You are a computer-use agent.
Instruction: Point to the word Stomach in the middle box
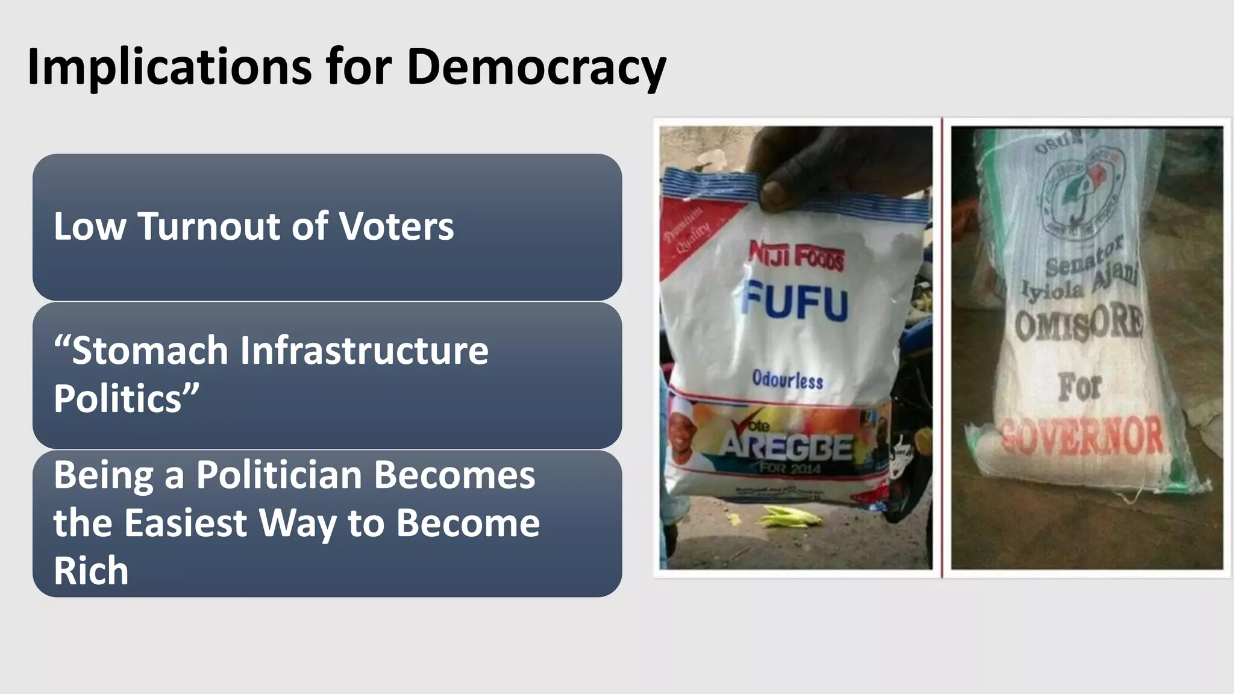coord(148,351)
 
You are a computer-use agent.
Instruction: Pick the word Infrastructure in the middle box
coord(364,351)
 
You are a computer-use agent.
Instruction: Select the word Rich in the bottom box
coord(91,570)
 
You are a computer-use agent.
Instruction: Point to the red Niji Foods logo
coord(796,255)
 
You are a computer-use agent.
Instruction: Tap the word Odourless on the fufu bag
coord(787,380)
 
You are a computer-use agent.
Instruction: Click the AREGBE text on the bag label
coord(788,447)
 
